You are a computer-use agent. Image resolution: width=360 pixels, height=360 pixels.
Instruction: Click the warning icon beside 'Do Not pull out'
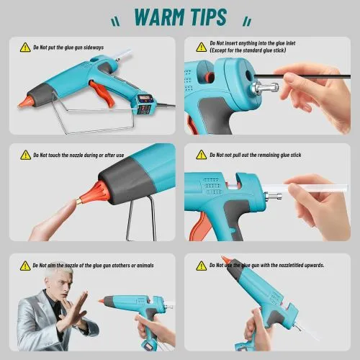(x=202, y=155)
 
